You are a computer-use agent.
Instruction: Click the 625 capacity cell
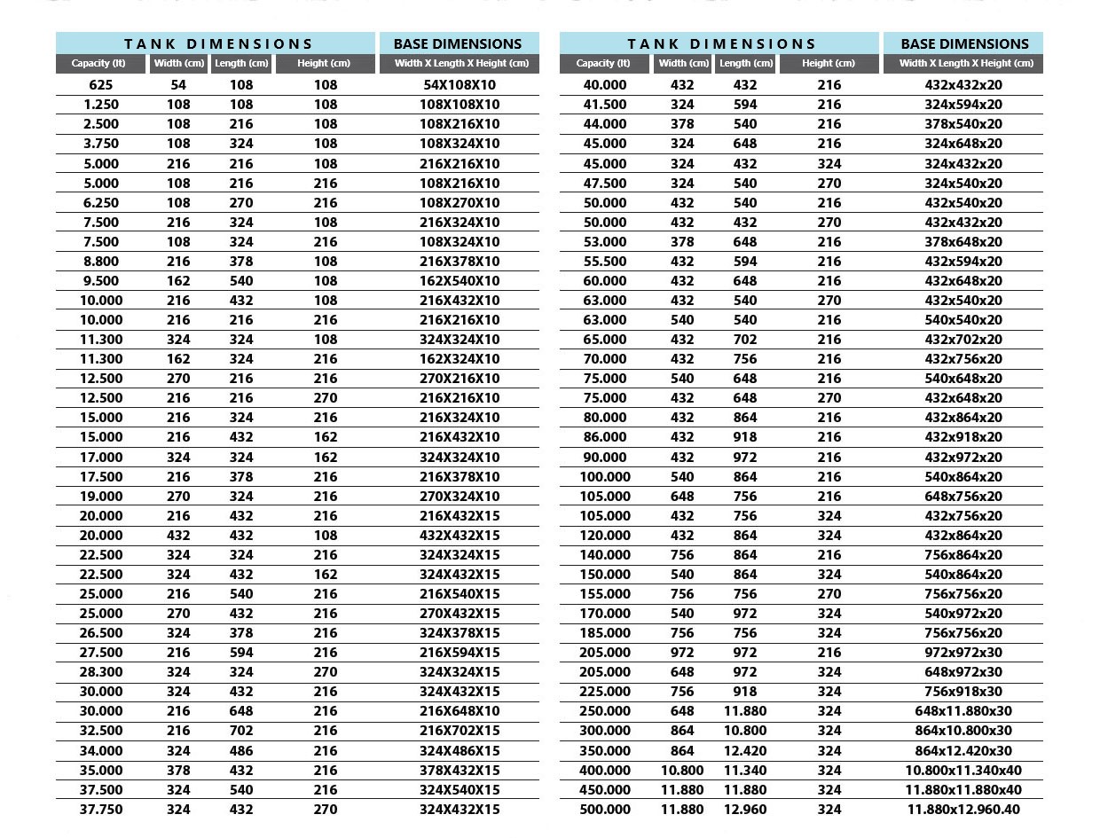(100, 85)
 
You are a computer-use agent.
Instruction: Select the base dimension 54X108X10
(460, 85)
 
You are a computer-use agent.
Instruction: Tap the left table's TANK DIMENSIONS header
(218, 43)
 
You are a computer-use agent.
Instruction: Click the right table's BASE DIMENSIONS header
(962, 43)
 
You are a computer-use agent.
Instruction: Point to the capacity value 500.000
(605, 809)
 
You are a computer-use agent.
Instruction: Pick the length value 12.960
(745, 809)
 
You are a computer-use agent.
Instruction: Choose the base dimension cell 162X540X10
(460, 280)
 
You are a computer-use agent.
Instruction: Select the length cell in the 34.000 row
(240, 750)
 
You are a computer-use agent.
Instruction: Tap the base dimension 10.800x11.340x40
(962, 770)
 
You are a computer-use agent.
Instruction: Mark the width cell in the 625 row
(178, 85)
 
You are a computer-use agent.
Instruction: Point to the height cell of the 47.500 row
(829, 183)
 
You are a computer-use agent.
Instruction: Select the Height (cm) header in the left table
(324, 63)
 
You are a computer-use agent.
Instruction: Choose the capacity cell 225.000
(605, 692)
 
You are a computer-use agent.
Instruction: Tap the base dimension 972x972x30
(962, 653)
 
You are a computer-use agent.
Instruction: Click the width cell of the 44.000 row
(682, 124)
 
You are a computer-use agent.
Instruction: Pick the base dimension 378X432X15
(460, 770)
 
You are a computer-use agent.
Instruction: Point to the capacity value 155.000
(605, 594)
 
